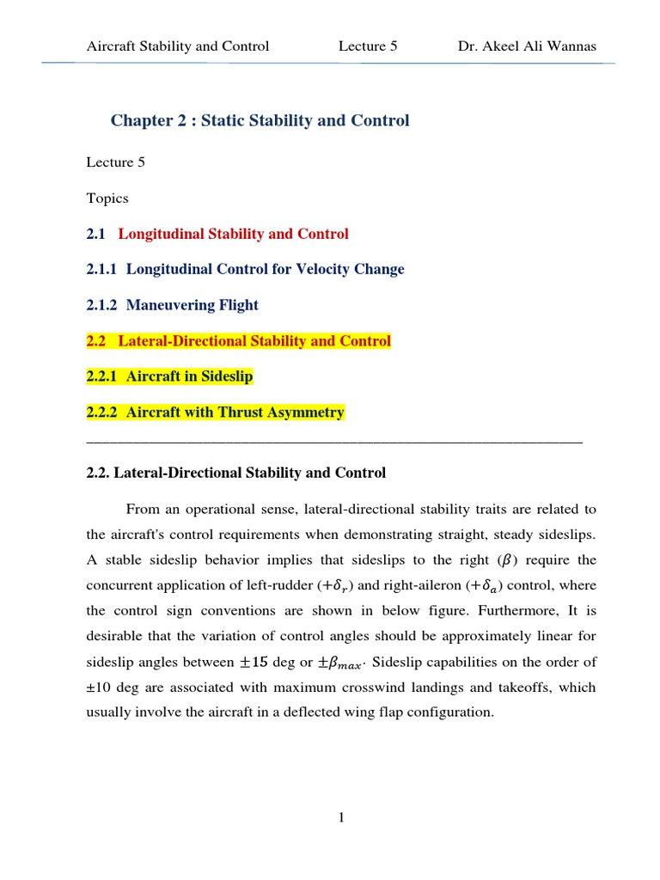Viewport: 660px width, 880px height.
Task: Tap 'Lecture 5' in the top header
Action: pyautogui.click(x=368, y=46)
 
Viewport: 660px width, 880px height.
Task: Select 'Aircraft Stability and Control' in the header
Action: pyautogui.click(x=178, y=46)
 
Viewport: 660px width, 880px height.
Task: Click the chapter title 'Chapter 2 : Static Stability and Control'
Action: pyautogui.click(x=260, y=120)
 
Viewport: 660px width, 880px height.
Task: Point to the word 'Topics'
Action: pyautogui.click(x=107, y=199)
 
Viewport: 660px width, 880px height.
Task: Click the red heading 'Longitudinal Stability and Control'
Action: pyautogui.click(x=233, y=234)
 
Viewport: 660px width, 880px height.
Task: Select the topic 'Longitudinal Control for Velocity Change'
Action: pyautogui.click(x=265, y=269)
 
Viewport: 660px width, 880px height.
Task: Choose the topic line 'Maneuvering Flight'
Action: pyautogui.click(x=192, y=305)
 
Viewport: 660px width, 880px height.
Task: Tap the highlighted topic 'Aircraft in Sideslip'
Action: pyautogui.click(x=189, y=376)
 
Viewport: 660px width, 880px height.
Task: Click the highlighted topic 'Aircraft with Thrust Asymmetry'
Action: pyautogui.click(x=235, y=412)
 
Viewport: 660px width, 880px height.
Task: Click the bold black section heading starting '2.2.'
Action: pyautogui.click(x=236, y=473)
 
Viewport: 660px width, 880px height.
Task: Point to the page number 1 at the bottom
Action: pyautogui.click(x=341, y=818)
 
